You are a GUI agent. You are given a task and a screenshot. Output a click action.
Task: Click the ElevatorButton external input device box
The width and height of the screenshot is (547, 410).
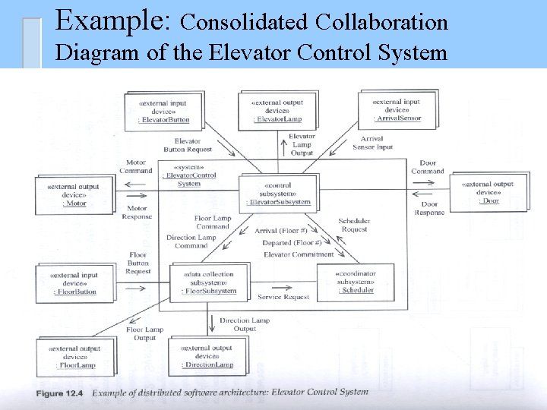[x=164, y=111]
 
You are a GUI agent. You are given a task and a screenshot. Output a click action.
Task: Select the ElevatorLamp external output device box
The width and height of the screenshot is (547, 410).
[x=278, y=111]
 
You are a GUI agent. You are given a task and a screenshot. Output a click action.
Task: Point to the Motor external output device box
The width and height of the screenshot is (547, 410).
[x=74, y=194]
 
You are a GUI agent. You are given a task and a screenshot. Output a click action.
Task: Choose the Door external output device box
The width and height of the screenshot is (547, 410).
[x=488, y=192]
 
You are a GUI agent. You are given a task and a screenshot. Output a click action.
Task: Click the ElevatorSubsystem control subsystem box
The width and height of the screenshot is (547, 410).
[x=278, y=194]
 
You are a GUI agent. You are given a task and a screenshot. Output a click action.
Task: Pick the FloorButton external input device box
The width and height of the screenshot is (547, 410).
[x=74, y=283]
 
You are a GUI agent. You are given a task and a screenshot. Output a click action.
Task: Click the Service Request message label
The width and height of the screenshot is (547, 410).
[x=283, y=297]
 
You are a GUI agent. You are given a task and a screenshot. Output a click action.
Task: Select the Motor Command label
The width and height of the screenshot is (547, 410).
[x=136, y=166]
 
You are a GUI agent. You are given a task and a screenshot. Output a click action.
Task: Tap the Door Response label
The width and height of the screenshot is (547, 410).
[x=429, y=208]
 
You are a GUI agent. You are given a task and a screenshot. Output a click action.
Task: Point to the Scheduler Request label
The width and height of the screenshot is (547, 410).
[x=353, y=224]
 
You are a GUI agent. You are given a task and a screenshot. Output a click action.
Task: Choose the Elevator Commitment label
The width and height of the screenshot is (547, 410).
[x=299, y=254]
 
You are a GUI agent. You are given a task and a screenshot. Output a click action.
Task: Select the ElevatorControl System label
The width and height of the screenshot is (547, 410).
[x=189, y=179]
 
